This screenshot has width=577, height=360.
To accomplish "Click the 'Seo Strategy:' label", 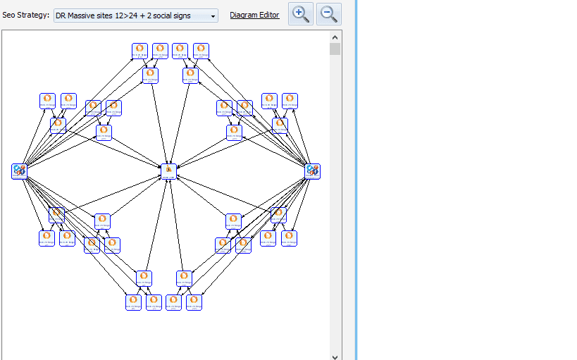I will [25, 15].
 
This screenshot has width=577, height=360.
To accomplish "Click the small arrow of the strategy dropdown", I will [213, 16].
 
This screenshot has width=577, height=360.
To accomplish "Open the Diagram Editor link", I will [254, 15].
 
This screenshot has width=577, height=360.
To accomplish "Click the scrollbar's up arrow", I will [335, 37].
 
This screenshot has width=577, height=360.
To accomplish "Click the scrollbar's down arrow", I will [335, 356].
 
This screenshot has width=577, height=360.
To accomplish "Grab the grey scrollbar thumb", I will [335, 49].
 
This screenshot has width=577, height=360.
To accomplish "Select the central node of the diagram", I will [168, 170].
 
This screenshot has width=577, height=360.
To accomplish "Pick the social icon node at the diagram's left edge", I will [19, 170].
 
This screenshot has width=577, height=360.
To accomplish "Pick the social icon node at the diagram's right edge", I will [313, 170].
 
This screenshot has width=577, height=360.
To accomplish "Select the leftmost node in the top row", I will [139, 50].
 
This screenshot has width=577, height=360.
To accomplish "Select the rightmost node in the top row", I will [201, 50].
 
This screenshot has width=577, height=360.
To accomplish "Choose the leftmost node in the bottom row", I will [134, 302].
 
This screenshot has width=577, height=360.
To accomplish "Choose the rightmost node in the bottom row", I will [194, 302].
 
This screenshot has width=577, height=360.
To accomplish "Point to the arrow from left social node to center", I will [92, 170].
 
